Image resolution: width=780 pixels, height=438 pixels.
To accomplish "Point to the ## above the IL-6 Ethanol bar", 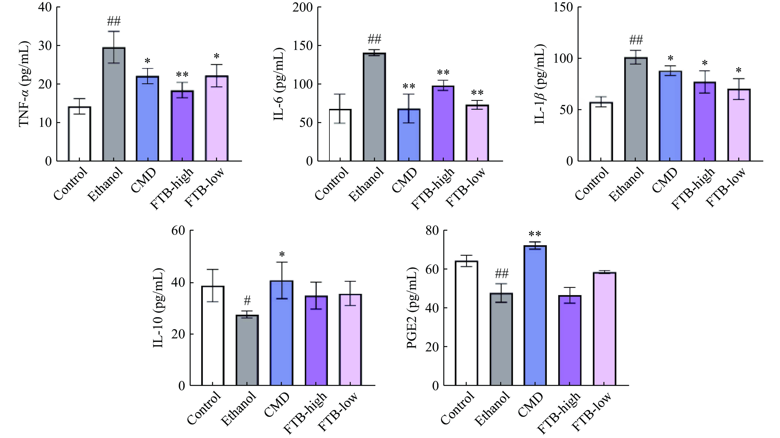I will click(375, 39).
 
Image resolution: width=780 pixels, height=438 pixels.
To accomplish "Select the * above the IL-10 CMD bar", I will click(282, 254).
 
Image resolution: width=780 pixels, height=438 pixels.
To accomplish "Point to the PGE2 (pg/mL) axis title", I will click(412, 308).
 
